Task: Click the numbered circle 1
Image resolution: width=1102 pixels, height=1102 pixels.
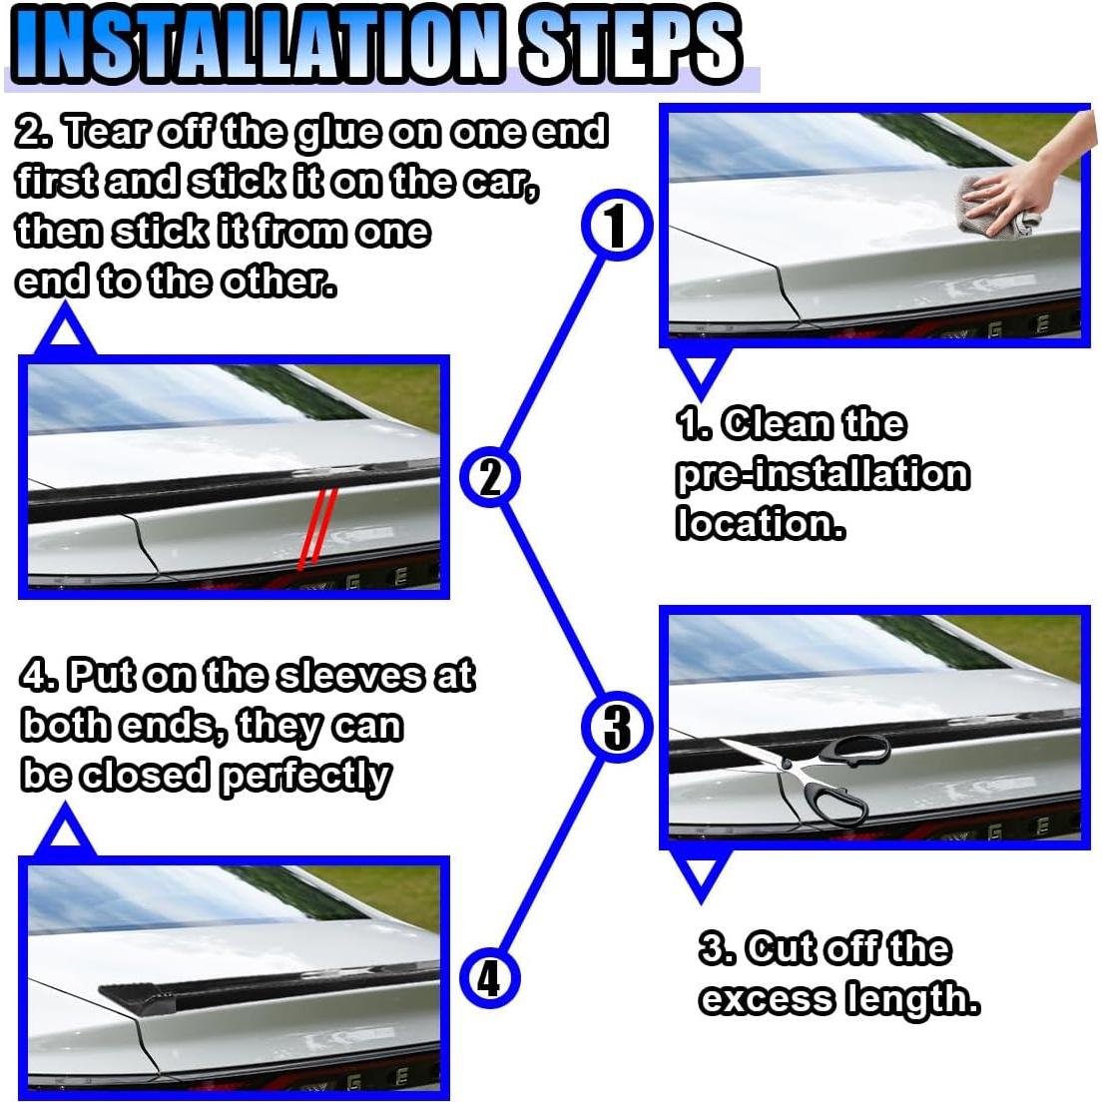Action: coord(616,226)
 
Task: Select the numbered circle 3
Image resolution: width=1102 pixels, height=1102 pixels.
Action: coord(617,727)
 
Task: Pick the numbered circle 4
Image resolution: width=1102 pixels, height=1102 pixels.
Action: coord(490,977)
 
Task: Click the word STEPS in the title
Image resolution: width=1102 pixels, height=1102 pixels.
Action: coord(629,44)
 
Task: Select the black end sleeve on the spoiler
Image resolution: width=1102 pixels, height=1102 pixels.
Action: coord(137,997)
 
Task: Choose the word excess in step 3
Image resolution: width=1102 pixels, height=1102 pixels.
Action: coord(767,998)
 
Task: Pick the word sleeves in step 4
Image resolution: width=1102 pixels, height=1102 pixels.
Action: coord(350,676)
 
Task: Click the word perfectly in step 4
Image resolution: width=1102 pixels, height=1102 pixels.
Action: coord(305,776)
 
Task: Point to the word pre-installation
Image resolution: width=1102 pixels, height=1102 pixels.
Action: coord(823,474)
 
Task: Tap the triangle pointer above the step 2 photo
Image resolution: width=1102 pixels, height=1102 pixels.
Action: coord(65,331)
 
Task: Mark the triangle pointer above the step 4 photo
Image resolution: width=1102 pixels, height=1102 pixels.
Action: coord(65,833)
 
